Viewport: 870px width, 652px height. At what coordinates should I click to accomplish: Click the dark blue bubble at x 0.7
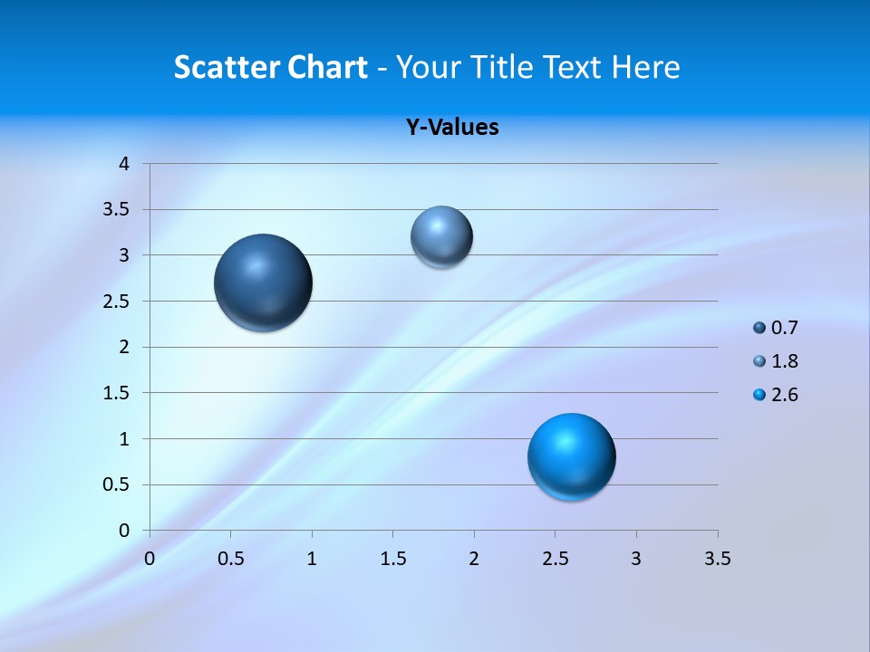[263, 283]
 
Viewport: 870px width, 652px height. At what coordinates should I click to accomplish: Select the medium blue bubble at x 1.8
[441, 236]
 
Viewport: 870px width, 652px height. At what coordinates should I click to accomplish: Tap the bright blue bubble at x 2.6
[571, 456]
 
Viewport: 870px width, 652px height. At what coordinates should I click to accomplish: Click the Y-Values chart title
[451, 127]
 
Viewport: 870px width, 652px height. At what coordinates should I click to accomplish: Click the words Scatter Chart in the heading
[270, 67]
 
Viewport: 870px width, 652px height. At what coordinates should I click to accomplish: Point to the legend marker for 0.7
[759, 328]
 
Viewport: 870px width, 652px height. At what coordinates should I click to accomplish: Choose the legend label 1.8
[784, 361]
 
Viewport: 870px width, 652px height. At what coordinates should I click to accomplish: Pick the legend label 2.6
[784, 395]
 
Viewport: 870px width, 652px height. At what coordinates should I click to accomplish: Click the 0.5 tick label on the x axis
[230, 559]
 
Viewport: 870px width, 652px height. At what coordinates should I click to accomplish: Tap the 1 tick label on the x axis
[312, 559]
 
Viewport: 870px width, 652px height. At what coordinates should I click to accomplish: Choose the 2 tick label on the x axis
[474, 559]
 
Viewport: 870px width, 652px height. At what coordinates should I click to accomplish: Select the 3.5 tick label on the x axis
[717, 559]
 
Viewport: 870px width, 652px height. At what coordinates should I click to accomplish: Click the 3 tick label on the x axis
[636, 559]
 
